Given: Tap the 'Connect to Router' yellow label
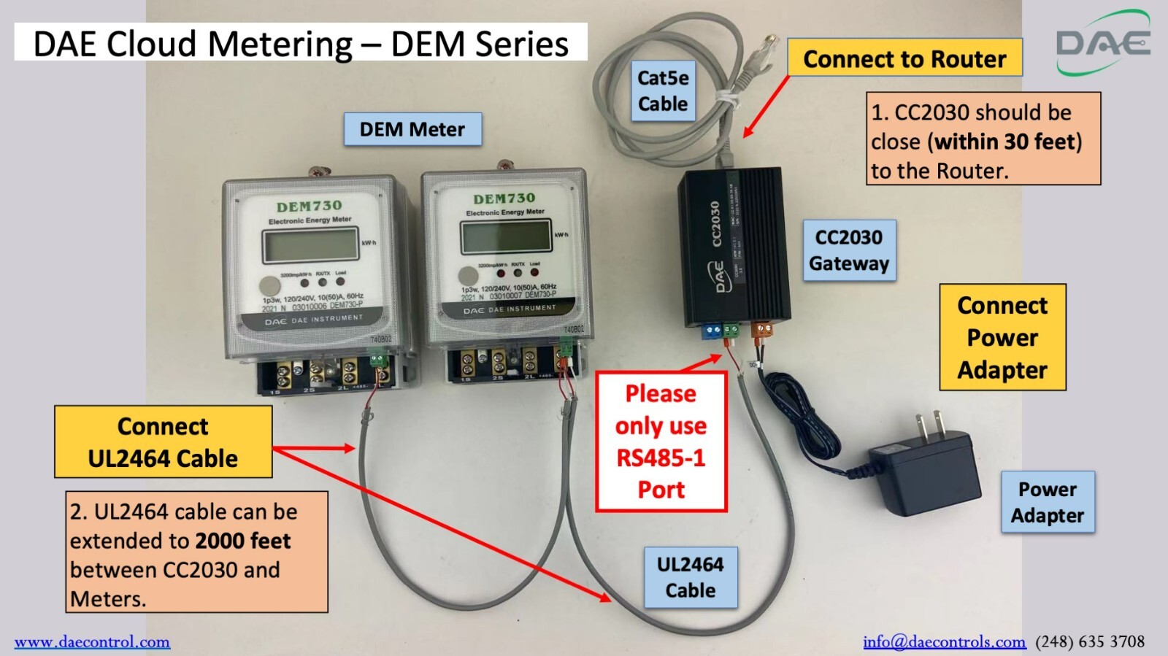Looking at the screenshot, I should [x=904, y=58].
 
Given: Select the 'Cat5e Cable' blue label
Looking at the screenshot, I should [x=662, y=90].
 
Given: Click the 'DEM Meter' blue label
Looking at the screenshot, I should [x=412, y=129].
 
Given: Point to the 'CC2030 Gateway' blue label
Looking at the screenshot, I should [x=849, y=250].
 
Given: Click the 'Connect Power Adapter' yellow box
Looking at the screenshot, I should [x=1002, y=337].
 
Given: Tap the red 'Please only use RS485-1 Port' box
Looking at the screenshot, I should [x=661, y=441].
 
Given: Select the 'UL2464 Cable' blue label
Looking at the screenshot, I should [x=690, y=577].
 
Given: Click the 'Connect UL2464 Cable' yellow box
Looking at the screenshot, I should [x=163, y=442].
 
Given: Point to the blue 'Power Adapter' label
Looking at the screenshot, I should [x=1047, y=502].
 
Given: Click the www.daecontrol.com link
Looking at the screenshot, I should [x=92, y=642].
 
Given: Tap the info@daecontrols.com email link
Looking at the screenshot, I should [x=944, y=642].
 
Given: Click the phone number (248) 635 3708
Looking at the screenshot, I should [x=1090, y=642].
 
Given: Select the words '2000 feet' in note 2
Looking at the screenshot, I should [x=243, y=541].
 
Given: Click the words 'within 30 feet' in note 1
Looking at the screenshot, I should [x=1004, y=142].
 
